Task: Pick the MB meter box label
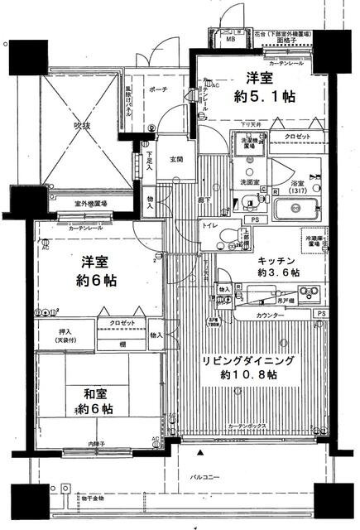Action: [231, 39]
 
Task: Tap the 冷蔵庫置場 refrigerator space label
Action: [317, 240]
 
